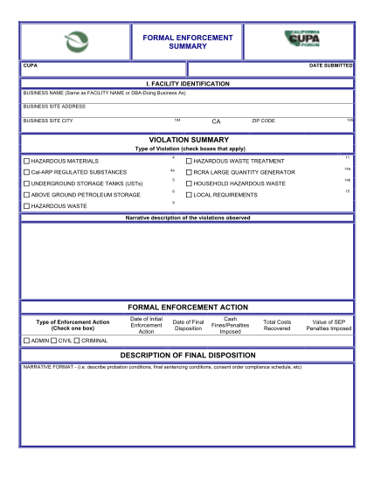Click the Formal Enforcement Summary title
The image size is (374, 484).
pos(186,42)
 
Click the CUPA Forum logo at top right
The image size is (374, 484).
pos(307,40)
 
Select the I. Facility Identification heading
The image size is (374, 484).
pos(187,83)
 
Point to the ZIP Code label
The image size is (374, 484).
pos(263,121)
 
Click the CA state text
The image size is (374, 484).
pos(216,121)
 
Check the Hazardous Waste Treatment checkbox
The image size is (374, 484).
pos(188,162)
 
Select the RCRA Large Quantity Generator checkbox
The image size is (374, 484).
pos(188,173)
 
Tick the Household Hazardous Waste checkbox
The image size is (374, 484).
pos(188,184)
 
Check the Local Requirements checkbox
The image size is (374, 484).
pos(188,195)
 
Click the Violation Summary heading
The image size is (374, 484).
pos(187,139)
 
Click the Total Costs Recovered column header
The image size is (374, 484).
pos(276,326)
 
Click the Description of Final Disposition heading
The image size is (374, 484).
pos(187,354)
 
